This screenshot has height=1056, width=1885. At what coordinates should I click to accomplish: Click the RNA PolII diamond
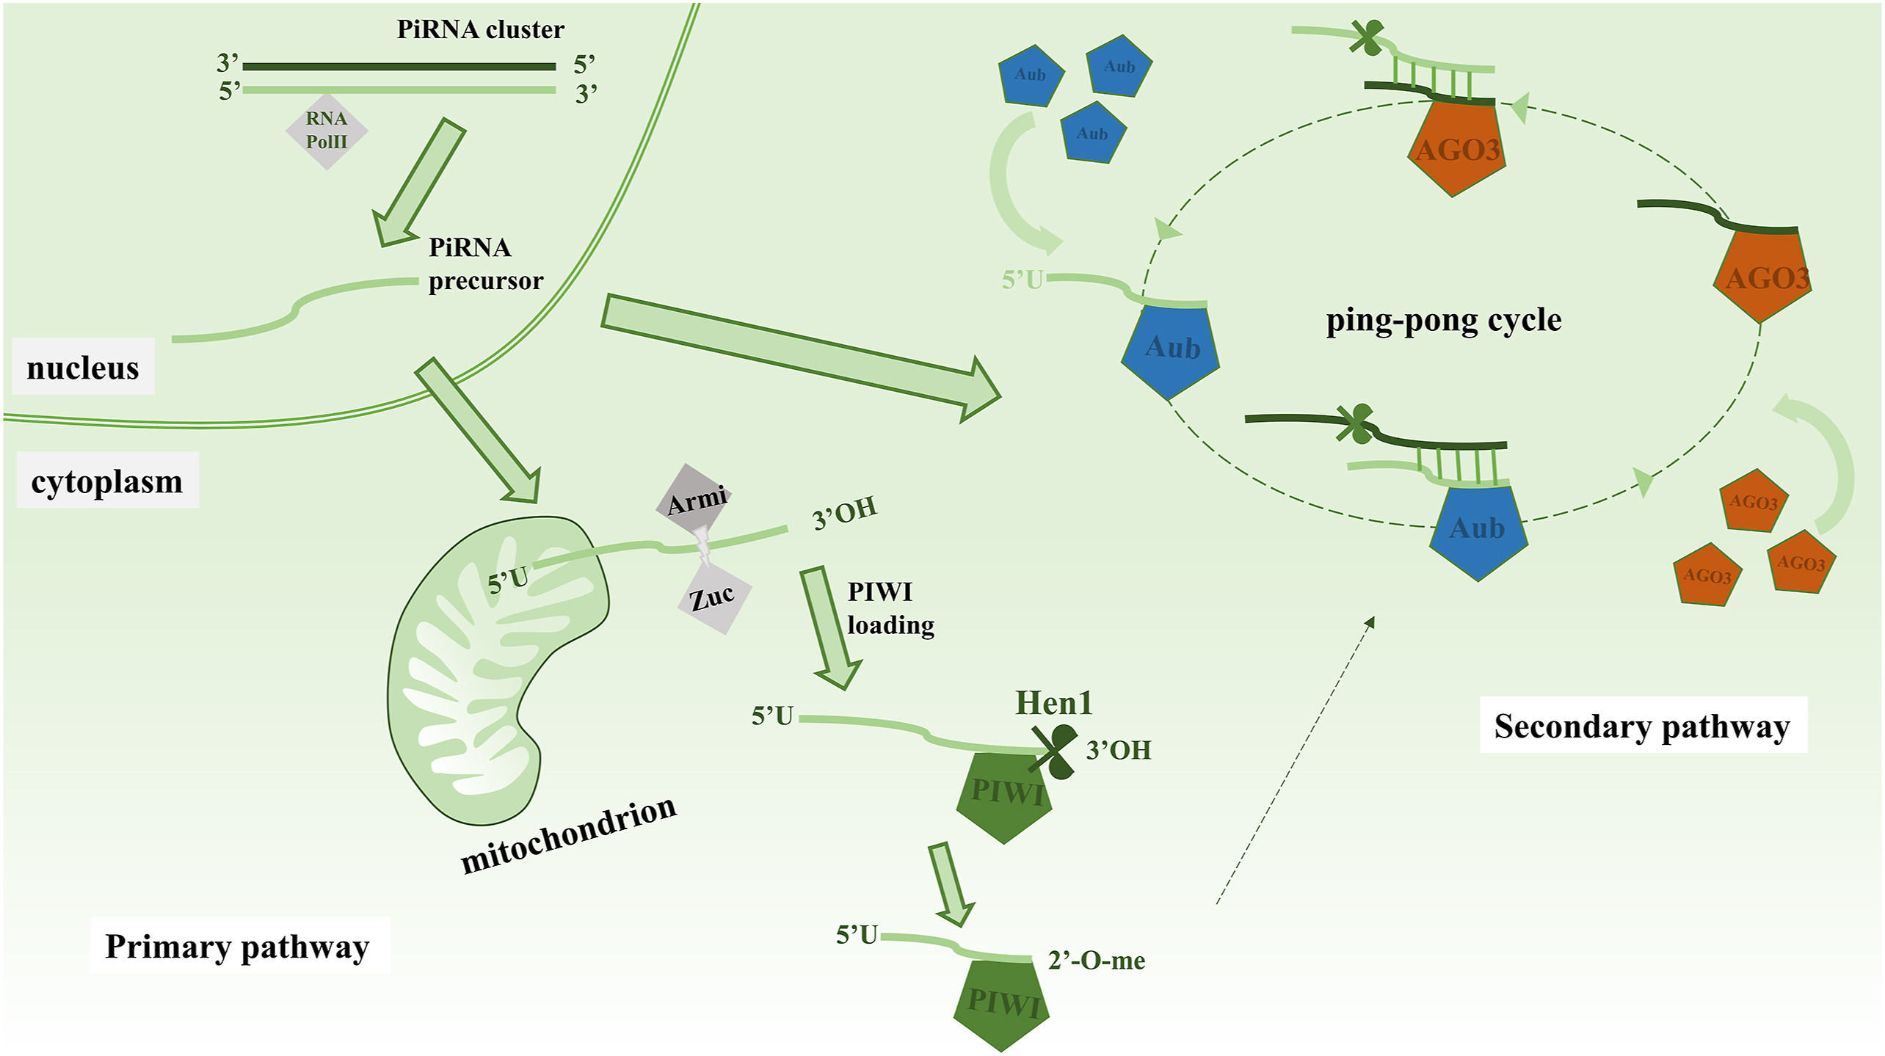coord(327,131)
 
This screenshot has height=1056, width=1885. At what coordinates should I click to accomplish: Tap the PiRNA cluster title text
coord(480,29)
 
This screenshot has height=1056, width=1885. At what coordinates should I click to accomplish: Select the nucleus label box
coord(83,367)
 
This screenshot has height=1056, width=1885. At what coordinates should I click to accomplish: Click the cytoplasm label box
coord(107,481)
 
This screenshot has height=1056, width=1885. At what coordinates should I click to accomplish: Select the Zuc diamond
coord(713,597)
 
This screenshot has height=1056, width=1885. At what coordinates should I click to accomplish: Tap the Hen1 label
coord(1053,703)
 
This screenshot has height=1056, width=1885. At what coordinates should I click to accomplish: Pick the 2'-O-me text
coord(1097,960)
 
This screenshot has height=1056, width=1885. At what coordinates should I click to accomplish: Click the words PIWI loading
coord(890,608)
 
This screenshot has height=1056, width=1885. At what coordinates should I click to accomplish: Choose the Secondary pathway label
coord(1642,725)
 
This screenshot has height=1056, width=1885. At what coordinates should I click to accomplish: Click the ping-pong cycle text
coord(1443,320)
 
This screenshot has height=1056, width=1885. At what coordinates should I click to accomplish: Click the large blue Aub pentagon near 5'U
coord(1172,349)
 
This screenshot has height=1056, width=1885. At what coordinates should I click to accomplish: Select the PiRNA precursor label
coord(485,264)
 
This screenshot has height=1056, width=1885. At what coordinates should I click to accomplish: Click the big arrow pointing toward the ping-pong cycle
coord(800,357)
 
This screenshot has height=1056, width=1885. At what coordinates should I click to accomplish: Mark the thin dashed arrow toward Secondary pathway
coord(1296,760)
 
